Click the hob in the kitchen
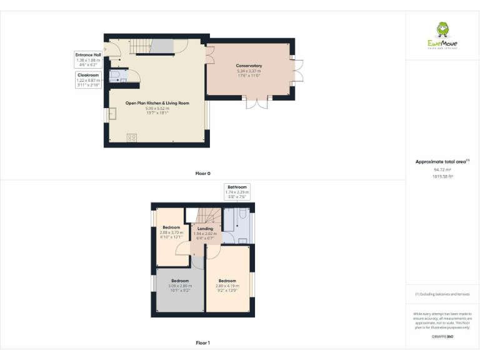(132, 137)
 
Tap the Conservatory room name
(249, 66)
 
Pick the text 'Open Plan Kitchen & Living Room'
(157, 103)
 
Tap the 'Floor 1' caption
(202, 342)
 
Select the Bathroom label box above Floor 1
(237, 191)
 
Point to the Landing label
(205, 229)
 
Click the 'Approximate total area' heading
(441, 162)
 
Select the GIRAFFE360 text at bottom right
(442, 337)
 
